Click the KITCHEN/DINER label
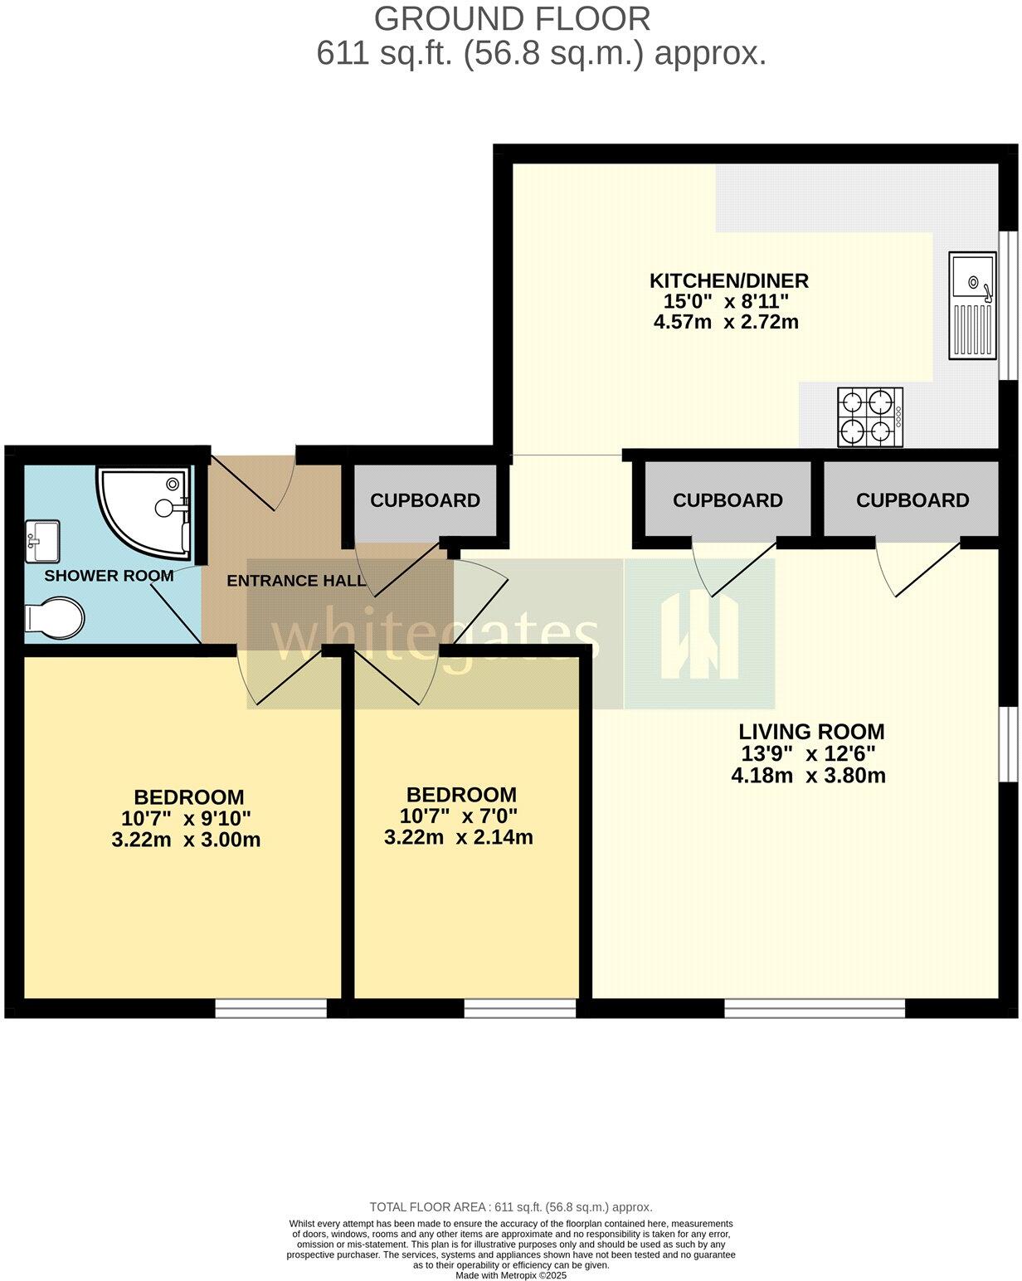pyautogui.click(x=728, y=280)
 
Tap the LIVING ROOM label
pyautogui.click(x=810, y=732)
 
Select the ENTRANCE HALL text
pyautogui.click(x=296, y=581)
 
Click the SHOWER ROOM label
pyautogui.click(x=109, y=576)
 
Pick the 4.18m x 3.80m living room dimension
pyautogui.click(x=808, y=777)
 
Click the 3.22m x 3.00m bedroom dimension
pyautogui.click(x=186, y=840)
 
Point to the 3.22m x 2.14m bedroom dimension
pyautogui.click(x=458, y=837)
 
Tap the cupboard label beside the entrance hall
pyautogui.click(x=425, y=500)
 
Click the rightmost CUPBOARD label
pyautogui.click(x=912, y=500)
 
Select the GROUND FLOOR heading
pyautogui.click(x=512, y=18)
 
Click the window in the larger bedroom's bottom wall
pyautogui.click(x=271, y=1007)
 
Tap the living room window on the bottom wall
pyautogui.click(x=814, y=1007)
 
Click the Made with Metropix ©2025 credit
pyautogui.click(x=510, y=1275)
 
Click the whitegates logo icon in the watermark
pyautogui.click(x=699, y=635)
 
